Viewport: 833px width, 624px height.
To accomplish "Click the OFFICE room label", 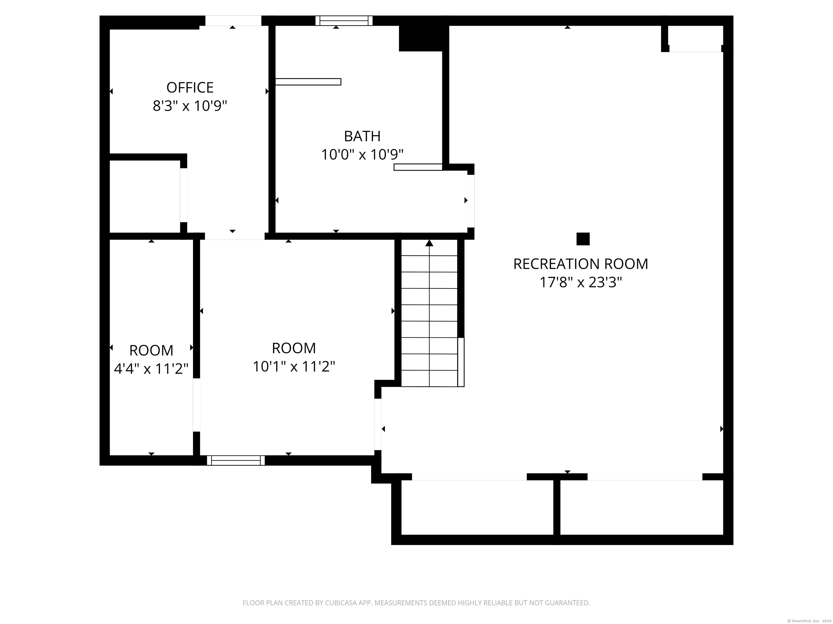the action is (x=190, y=88).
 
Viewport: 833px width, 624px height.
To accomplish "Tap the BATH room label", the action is (x=362, y=136).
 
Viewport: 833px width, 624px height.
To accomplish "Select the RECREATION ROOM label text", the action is (x=581, y=264).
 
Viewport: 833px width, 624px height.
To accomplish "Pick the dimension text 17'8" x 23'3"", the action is (x=581, y=282).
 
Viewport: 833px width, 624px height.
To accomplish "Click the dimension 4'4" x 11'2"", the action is (x=151, y=369).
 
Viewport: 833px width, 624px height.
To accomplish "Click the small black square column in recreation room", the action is (x=583, y=239).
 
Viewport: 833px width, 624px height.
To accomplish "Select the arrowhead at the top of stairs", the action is (x=429, y=243).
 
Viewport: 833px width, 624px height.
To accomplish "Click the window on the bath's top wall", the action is (x=344, y=21).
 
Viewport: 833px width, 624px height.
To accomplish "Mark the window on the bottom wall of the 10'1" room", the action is (x=236, y=460).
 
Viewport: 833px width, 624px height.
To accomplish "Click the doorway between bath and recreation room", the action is (x=471, y=201).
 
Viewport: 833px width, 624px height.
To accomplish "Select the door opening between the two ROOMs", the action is (x=197, y=405).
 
